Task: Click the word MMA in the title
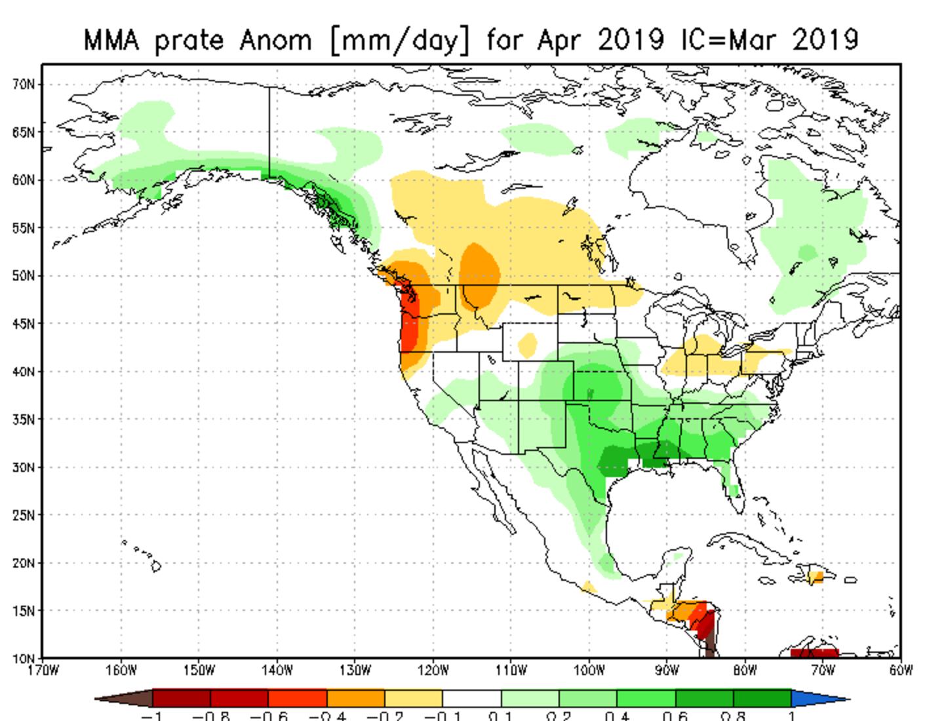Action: [x=111, y=40]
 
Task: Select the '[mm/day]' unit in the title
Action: [x=400, y=41]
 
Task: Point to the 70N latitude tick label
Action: [x=23, y=84]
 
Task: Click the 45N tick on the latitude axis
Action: [x=23, y=323]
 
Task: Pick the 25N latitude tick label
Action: [x=23, y=515]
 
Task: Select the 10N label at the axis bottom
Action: [x=23, y=657]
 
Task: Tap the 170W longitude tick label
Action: [x=43, y=670]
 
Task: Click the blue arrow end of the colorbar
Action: [x=819, y=699]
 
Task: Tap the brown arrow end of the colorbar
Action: [x=125, y=699]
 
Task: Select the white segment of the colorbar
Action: [x=471, y=698]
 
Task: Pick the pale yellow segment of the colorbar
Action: [x=414, y=698]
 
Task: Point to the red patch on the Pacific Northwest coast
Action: [x=409, y=328]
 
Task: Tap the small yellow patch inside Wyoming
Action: [x=527, y=342]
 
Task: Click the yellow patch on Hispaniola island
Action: [x=816, y=577]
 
